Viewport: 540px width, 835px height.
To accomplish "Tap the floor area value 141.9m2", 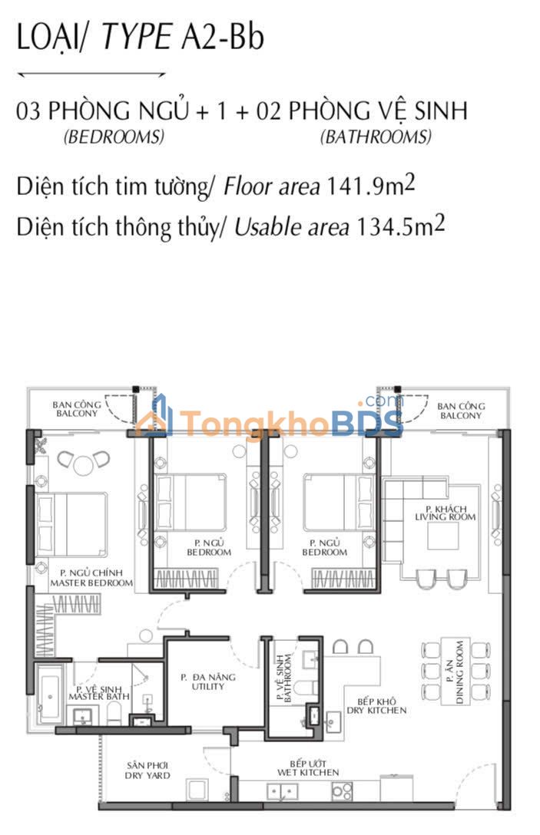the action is click(x=370, y=186).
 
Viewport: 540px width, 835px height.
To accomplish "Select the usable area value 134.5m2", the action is click(x=400, y=226).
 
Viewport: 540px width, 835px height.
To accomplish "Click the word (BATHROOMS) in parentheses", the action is click(x=376, y=137).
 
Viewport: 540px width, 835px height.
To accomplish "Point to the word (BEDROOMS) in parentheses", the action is click(x=114, y=137).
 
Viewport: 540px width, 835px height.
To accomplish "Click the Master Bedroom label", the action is click(x=91, y=578).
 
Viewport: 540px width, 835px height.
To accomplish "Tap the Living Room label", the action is click(x=446, y=513).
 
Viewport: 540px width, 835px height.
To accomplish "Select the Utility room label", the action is click(x=208, y=682).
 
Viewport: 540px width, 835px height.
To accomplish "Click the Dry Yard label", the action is click(x=147, y=771).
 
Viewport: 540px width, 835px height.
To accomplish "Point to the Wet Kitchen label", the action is click(x=308, y=768).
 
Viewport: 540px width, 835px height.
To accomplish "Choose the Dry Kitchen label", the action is click(x=376, y=706).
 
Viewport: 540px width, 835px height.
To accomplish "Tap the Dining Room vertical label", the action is click(x=455, y=672).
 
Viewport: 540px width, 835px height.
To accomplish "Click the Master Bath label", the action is click(x=99, y=693).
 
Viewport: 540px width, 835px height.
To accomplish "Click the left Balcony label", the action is click(x=77, y=409).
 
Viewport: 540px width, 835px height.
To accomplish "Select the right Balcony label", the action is click(x=461, y=411).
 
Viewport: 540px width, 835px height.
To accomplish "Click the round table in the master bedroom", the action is click(x=84, y=465).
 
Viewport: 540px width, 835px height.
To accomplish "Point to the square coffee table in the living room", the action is click(x=443, y=536).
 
